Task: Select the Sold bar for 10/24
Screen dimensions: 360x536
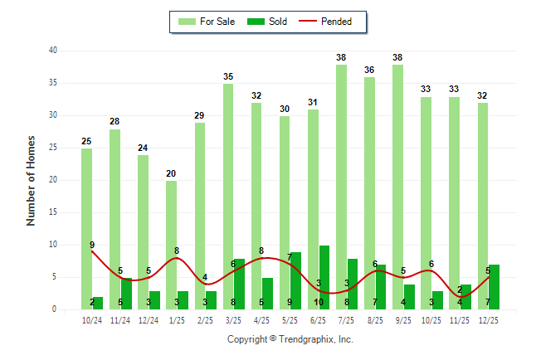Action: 98,304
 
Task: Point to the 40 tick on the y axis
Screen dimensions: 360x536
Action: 52,51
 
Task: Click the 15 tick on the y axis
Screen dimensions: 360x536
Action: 52,212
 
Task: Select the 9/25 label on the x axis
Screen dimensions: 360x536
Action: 404,320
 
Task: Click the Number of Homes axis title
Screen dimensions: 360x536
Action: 32,180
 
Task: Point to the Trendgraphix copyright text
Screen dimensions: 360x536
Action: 290,339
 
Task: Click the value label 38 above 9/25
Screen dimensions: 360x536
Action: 397,58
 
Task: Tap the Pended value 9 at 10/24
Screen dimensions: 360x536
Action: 92,245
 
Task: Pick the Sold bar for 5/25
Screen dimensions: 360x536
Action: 296,281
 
